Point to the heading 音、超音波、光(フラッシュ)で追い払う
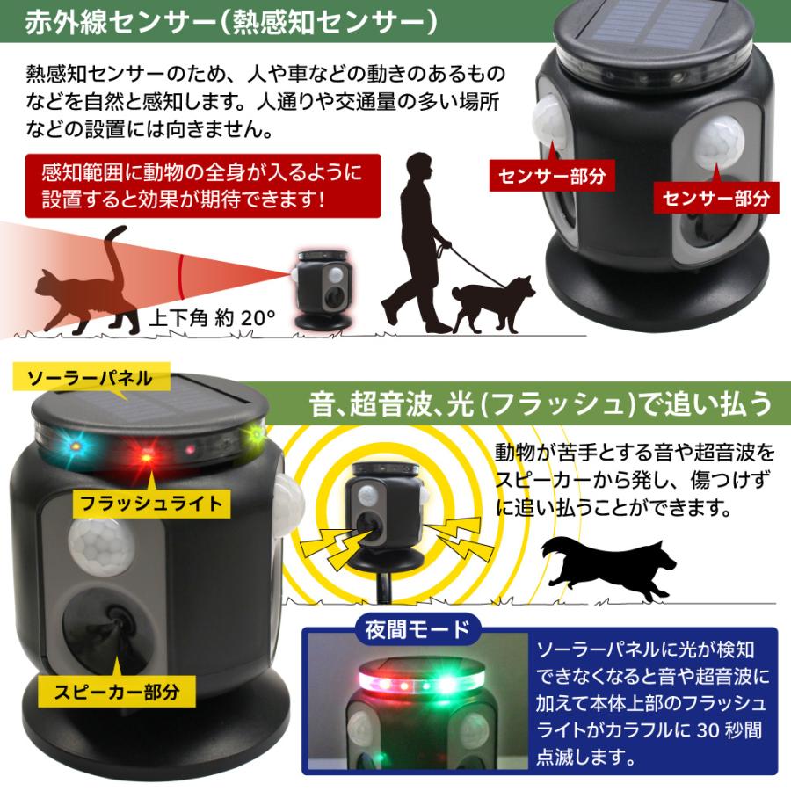[541, 404]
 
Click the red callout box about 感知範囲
[201, 185]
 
